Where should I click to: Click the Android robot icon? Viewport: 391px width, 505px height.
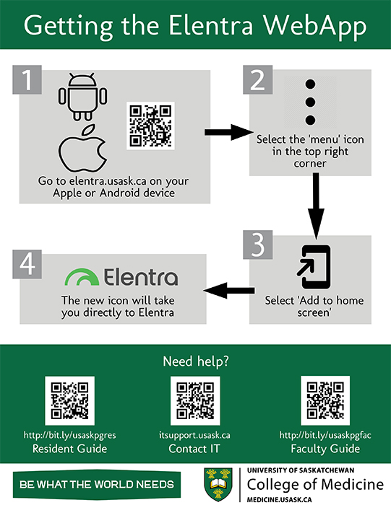tap(82, 97)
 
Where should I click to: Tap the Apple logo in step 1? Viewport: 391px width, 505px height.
tap(82, 148)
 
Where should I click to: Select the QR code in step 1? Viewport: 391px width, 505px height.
tap(150, 126)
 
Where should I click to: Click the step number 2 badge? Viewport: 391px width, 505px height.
tap(258, 80)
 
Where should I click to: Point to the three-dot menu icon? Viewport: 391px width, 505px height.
tap(310, 102)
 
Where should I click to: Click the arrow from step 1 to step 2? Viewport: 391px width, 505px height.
tap(229, 132)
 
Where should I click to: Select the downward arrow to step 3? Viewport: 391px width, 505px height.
tap(316, 206)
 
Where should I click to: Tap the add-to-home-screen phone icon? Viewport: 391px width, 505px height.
tap(314, 267)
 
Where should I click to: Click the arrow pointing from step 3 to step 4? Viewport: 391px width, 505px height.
tap(229, 291)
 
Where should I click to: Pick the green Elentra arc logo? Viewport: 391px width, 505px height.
tap(82, 277)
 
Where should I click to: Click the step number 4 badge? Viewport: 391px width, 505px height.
tap(27, 264)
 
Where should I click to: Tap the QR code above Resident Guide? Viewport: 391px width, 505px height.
tap(69, 400)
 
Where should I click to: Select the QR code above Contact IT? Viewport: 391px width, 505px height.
tap(195, 400)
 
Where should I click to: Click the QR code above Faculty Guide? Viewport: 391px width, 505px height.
tap(325, 400)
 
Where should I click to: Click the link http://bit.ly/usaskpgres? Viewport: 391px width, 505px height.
tap(69, 435)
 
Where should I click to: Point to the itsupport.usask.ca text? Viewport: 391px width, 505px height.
tap(194, 435)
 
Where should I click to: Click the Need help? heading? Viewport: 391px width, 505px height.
tap(196, 361)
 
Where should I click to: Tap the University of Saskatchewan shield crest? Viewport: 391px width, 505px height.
tap(218, 484)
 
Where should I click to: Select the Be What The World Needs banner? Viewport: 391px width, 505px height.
tap(97, 484)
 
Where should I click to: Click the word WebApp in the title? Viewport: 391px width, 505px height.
tap(315, 26)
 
